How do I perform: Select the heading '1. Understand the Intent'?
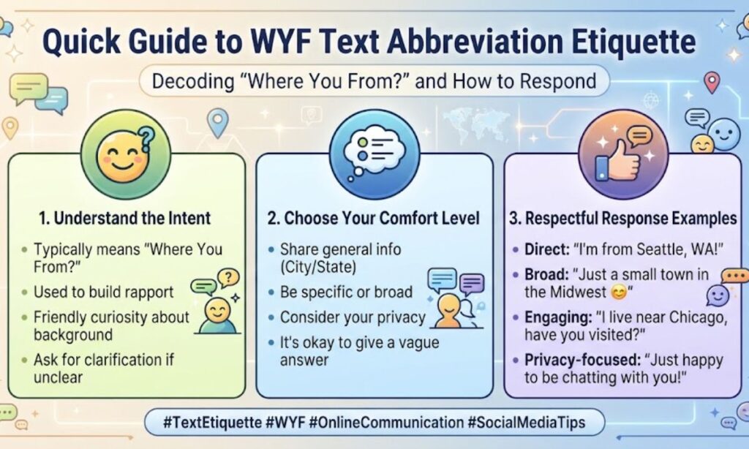tap(124, 219)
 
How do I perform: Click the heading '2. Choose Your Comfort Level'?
tap(374, 219)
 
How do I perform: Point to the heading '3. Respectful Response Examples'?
tap(623, 219)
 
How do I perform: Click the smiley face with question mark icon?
tap(126, 154)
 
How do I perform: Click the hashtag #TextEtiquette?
tap(213, 423)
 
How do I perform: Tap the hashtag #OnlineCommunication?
tap(386, 423)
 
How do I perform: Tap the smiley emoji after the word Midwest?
tap(619, 292)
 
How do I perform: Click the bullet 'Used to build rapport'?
tap(104, 292)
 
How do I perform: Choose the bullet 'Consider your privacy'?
tap(353, 317)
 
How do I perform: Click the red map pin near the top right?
tap(712, 82)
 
